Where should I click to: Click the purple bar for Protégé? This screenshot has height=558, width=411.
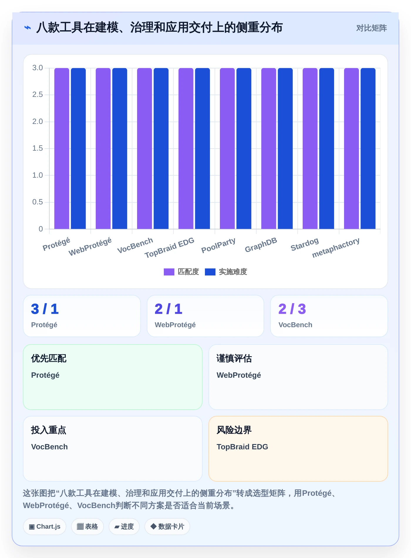click(62, 148)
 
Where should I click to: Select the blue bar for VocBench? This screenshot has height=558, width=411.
click(161, 148)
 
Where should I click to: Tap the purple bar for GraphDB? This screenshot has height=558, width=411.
click(269, 148)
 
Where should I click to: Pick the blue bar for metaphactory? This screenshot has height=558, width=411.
click(368, 148)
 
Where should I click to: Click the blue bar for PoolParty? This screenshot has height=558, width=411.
click(244, 148)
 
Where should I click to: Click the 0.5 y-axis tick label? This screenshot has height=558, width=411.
click(38, 202)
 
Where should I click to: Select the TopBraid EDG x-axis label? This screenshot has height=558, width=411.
click(169, 248)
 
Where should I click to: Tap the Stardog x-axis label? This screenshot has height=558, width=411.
click(304, 244)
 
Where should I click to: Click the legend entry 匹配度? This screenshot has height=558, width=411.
click(181, 272)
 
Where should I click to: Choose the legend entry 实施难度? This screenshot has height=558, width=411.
click(226, 272)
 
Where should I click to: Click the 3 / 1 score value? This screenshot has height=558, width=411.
click(45, 309)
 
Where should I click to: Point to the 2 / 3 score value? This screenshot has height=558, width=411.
click(292, 309)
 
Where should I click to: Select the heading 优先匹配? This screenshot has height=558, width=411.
click(49, 358)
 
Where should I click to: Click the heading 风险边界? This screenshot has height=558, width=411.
click(234, 430)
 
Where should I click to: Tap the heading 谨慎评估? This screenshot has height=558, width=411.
click(234, 358)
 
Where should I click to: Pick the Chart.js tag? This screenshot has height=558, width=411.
click(45, 527)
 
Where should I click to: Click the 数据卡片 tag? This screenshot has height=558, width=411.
click(167, 527)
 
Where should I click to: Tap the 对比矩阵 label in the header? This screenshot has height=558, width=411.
click(371, 28)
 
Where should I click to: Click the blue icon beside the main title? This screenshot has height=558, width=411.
click(28, 28)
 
